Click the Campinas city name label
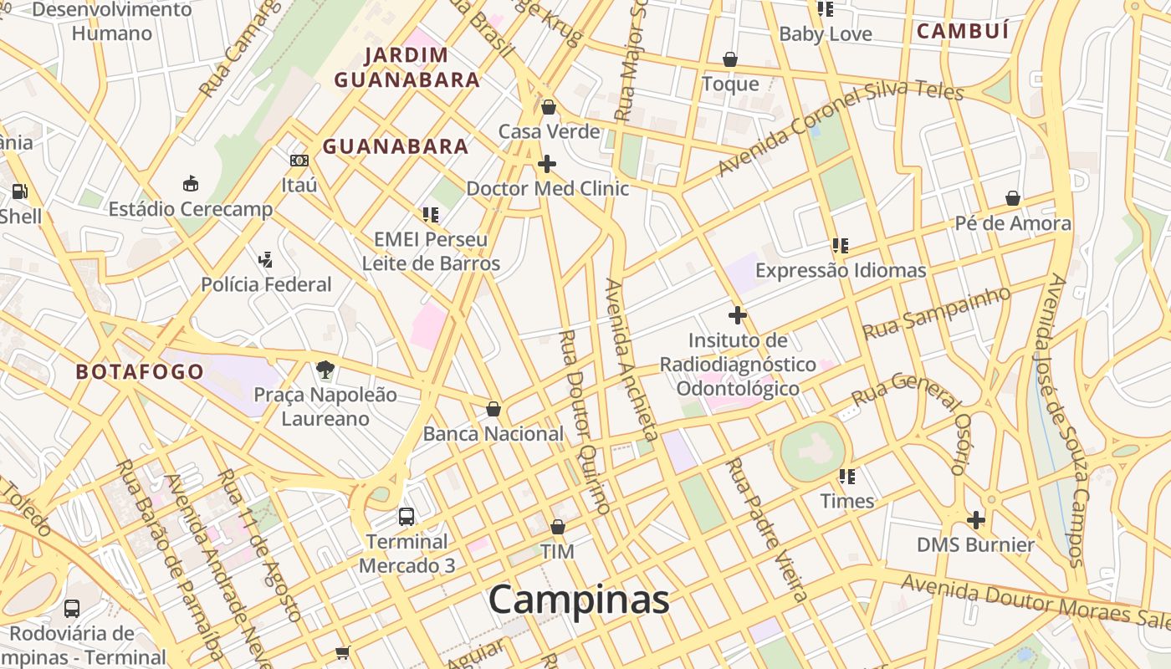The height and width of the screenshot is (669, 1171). [x=579, y=600]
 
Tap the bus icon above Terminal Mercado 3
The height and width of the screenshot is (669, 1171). [x=407, y=517]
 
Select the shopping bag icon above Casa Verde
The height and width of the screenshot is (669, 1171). [x=549, y=107]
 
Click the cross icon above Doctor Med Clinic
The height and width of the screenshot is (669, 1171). [x=547, y=164]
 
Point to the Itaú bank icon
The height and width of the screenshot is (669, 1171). [x=299, y=161]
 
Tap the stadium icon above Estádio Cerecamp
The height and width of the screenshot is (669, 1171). [x=191, y=184]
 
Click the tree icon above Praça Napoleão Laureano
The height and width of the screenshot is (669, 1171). [x=325, y=370]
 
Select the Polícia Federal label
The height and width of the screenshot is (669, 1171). [x=266, y=284]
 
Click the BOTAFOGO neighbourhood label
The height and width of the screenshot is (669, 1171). [x=140, y=372]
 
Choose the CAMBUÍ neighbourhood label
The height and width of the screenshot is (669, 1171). [x=963, y=32]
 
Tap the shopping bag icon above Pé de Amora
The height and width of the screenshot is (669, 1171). [x=1013, y=199]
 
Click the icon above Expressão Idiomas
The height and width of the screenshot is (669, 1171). [x=841, y=246]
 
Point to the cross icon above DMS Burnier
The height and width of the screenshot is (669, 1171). [x=975, y=520]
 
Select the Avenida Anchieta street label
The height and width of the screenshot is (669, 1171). [x=631, y=360]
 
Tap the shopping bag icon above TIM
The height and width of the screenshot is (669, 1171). [x=558, y=527]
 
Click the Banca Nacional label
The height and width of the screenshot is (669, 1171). [x=493, y=434]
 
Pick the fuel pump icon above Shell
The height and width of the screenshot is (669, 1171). [x=19, y=191]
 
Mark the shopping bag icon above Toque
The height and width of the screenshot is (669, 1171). [x=730, y=59]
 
